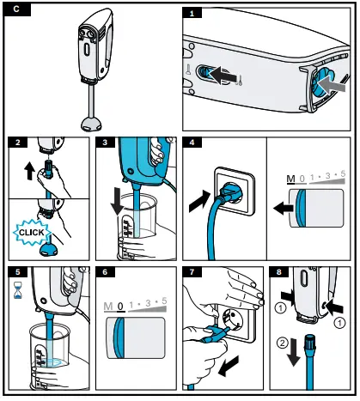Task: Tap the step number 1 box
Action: (x=192, y=13)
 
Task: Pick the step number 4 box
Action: (x=193, y=142)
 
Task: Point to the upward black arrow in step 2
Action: (x=28, y=171)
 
